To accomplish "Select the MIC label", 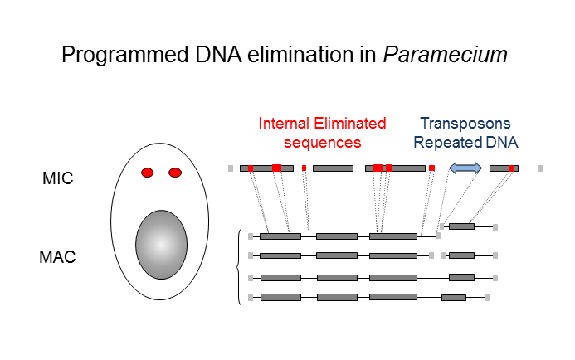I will [58, 178].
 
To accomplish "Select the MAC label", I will [58, 257].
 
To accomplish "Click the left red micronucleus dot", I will [148, 173].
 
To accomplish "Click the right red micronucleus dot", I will [175, 173].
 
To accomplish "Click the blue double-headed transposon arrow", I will [465, 168].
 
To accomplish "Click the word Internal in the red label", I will [285, 124].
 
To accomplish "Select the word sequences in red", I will [323, 142].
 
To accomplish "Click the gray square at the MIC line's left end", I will [231, 168].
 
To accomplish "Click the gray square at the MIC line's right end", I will [540, 168].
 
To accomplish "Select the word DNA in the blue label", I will [501, 142].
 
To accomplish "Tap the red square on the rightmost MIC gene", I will [511, 168].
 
